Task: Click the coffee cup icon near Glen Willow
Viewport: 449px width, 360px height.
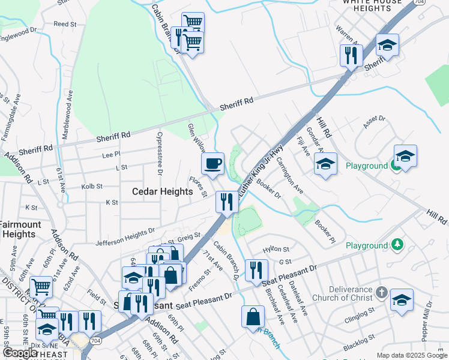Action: [212, 163]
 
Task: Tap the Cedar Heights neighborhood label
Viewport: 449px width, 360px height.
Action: [163, 191]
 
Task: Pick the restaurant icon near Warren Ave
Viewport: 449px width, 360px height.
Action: [351, 56]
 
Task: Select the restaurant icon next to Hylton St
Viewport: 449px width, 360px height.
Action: [256, 270]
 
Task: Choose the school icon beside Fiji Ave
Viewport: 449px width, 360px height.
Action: [325, 164]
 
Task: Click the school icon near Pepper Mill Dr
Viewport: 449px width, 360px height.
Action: [402, 300]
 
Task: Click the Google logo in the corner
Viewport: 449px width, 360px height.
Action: [21, 353]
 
